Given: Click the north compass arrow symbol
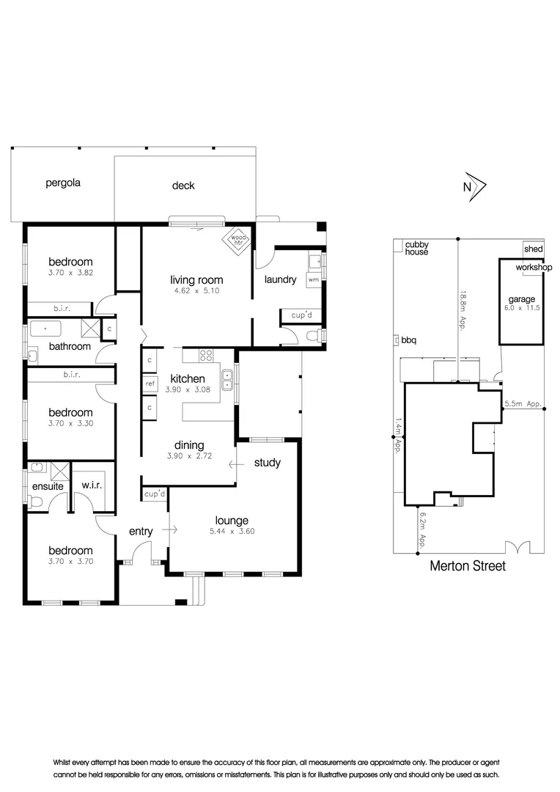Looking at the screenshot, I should pyautogui.click(x=477, y=186).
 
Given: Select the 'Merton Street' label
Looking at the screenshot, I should pyautogui.click(x=467, y=566).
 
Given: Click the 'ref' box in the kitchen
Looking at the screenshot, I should pyautogui.click(x=150, y=384).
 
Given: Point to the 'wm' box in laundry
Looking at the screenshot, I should pyautogui.click(x=313, y=279).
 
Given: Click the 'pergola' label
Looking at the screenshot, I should pyautogui.click(x=62, y=183).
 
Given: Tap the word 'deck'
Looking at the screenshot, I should pyautogui.click(x=183, y=186).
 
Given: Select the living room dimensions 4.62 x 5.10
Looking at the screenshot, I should pyautogui.click(x=196, y=290).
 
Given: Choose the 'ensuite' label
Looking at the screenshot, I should pyautogui.click(x=46, y=485).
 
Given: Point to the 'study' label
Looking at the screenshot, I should pyautogui.click(x=268, y=463).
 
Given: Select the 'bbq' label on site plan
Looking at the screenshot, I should pyautogui.click(x=408, y=340).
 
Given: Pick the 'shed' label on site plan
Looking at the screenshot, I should pyautogui.click(x=534, y=249).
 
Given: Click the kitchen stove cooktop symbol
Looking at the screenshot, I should pyautogui.click(x=206, y=357).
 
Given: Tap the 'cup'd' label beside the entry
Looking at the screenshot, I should pyautogui.click(x=155, y=494).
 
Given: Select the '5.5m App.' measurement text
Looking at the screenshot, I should pyautogui.click(x=523, y=404).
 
